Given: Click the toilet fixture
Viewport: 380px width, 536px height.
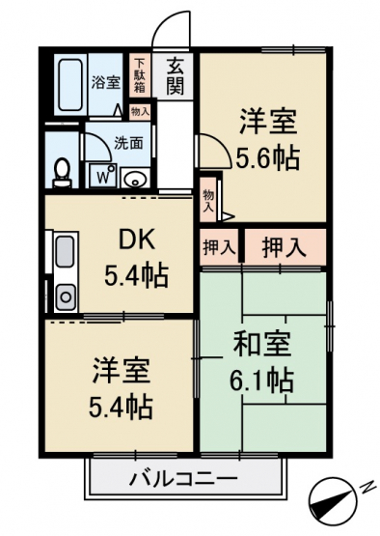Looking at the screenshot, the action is (63, 173).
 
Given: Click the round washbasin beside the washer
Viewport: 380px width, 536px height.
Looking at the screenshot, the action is (135, 178).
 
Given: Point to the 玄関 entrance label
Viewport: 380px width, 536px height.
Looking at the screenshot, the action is (176, 77).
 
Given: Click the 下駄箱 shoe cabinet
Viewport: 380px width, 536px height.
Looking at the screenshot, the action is (139, 76).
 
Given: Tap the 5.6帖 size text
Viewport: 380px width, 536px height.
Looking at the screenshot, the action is (268, 158).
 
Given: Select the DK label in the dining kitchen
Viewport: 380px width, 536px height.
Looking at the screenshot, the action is (137, 241).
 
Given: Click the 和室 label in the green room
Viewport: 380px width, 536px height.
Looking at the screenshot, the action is (262, 344).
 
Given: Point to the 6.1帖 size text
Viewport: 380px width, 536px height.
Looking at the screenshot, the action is (261, 380).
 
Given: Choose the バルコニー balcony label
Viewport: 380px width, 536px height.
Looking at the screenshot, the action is (183, 480).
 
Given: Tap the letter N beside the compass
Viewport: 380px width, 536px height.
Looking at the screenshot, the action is (366, 487).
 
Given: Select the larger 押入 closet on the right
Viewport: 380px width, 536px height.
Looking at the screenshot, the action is (285, 247).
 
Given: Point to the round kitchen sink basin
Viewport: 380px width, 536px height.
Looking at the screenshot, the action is (66, 296).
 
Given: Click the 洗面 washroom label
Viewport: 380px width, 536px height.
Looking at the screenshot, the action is (128, 143).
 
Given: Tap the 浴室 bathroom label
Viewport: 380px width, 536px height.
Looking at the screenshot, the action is (106, 82).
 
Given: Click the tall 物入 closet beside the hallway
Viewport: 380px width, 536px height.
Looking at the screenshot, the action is (208, 201).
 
